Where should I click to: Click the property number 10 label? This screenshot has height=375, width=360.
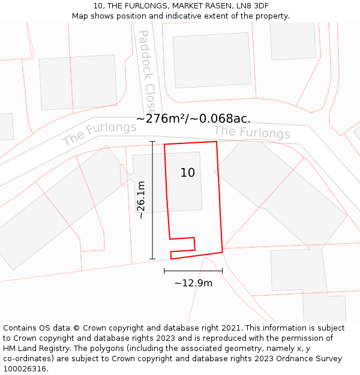coord(188,173)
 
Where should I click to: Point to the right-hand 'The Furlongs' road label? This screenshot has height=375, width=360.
coord(252,132)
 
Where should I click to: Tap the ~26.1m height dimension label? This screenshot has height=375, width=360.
coord(140,200)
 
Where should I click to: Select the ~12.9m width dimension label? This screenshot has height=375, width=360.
coord(193,283)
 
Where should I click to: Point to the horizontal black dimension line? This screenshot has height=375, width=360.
coord(193,271)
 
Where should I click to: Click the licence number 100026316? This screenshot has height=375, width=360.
coord(24,369)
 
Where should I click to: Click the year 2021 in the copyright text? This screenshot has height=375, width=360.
coord(232,328)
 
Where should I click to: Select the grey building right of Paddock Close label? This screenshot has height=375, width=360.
coord(212,60)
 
